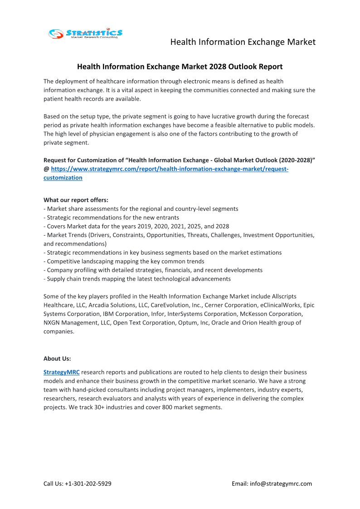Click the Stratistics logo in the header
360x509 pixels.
[85, 33]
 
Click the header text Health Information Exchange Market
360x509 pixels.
[243, 42]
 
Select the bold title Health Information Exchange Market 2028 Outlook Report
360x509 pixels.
[180, 67]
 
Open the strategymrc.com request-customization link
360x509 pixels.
[170, 169]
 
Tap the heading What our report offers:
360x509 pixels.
[76, 200]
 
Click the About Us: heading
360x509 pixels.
[57, 359]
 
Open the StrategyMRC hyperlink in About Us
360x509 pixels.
[62, 372]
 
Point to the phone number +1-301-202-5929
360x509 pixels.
[88, 484]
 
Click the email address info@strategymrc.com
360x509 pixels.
[281, 484]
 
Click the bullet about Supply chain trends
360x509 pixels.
[137, 279]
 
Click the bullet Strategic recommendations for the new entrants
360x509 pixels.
[111, 218]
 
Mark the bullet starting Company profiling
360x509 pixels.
[153, 270]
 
